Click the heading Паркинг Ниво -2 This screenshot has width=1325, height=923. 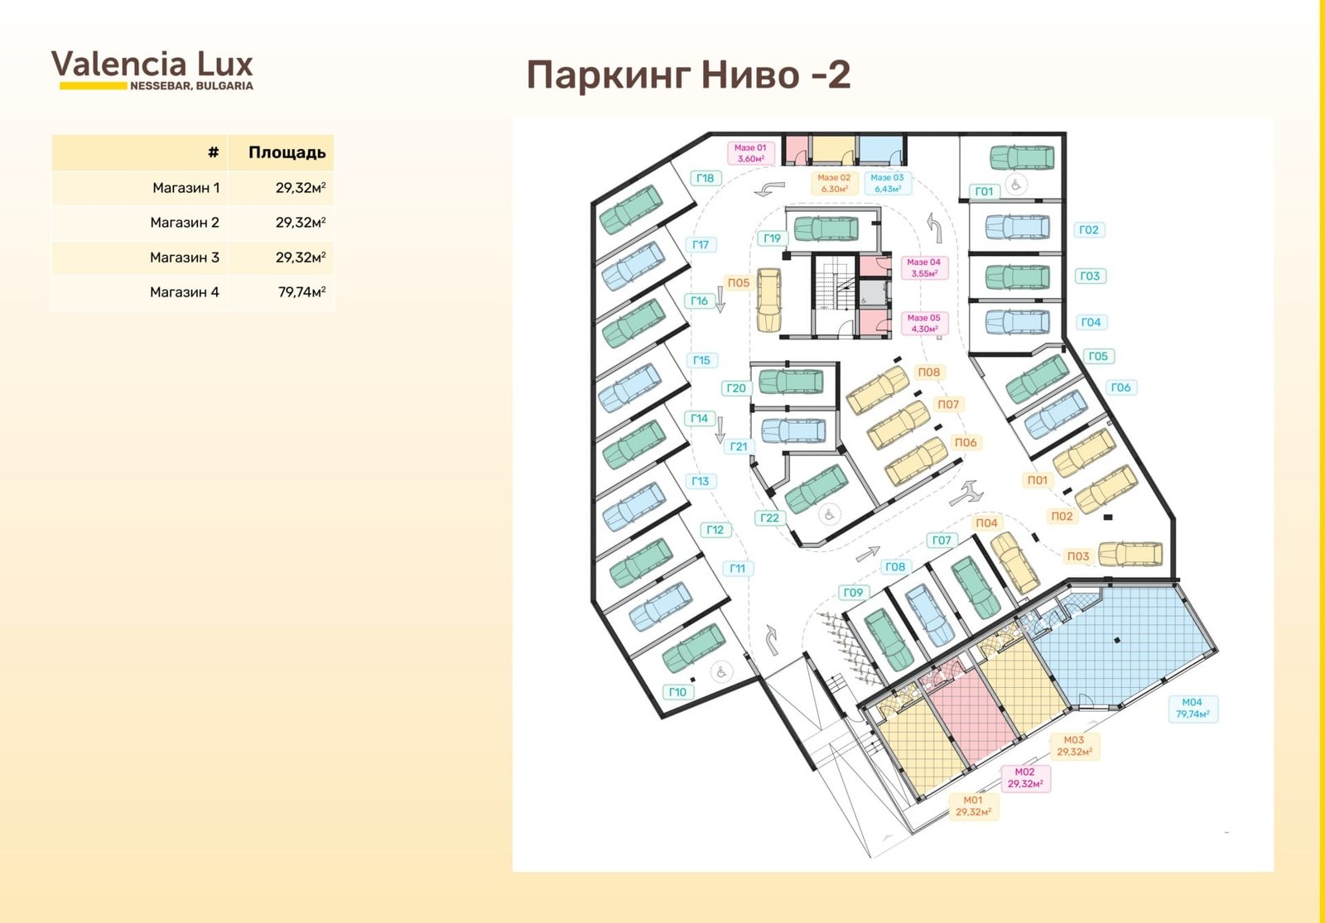click(x=688, y=75)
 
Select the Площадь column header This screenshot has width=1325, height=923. click(x=287, y=152)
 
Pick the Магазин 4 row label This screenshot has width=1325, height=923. click(x=185, y=292)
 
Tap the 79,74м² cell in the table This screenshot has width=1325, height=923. click(x=301, y=292)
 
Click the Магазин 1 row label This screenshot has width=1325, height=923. click(x=185, y=188)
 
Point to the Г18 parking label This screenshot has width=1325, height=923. click(x=705, y=178)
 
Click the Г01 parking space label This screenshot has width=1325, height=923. click(x=984, y=191)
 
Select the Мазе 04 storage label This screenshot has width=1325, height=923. click(x=924, y=268)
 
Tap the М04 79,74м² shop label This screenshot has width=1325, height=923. click(x=1192, y=709)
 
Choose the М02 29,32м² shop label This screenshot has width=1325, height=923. click(x=1025, y=778)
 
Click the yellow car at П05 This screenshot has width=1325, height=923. click(x=769, y=300)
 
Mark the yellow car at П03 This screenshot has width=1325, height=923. click(x=1130, y=555)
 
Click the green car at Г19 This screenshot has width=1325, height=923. click(x=826, y=228)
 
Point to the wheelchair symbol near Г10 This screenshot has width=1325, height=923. click(x=721, y=672)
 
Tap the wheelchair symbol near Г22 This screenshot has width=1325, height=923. click(x=829, y=514)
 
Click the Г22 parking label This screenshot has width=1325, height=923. click(x=769, y=518)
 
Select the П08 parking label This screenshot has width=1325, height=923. click(x=928, y=372)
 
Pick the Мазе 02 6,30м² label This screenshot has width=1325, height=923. click(x=833, y=183)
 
